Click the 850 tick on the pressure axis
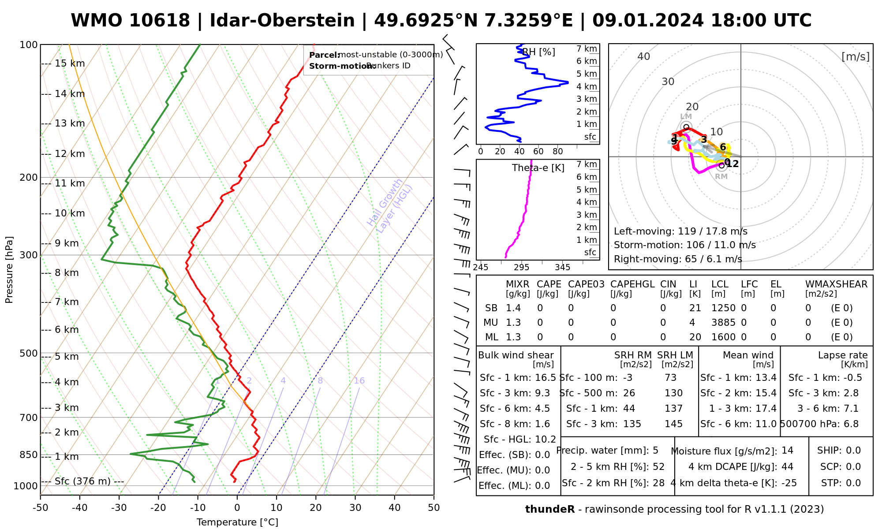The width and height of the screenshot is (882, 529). tap(29, 454)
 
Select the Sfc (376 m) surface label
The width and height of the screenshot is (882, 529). tap(82, 481)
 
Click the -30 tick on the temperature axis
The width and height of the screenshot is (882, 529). tap(119, 508)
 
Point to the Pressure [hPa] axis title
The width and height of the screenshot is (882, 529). tap(9, 270)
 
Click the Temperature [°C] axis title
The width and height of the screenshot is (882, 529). tap(237, 522)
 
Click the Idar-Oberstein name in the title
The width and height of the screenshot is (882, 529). tap(282, 21)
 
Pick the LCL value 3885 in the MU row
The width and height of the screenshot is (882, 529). tap(723, 323)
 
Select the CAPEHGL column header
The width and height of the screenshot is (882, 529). tap(632, 284)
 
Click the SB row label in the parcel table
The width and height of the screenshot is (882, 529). tap(491, 308)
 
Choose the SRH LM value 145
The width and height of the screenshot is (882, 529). tap(673, 424)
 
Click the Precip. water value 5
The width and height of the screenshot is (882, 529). tap(655, 451)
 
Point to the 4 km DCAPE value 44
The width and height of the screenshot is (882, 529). tap(787, 467)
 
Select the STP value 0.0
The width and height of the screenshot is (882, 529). tap(853, 483)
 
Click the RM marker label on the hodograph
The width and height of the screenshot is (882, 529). tap(721, 177)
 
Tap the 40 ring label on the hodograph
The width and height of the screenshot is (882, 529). tap(644, 56)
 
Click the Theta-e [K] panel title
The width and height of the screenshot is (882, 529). tap(538, 168)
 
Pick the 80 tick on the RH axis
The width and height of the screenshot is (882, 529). tap(558, 152)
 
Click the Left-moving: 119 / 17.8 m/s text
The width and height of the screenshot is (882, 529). tap(680, 231)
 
